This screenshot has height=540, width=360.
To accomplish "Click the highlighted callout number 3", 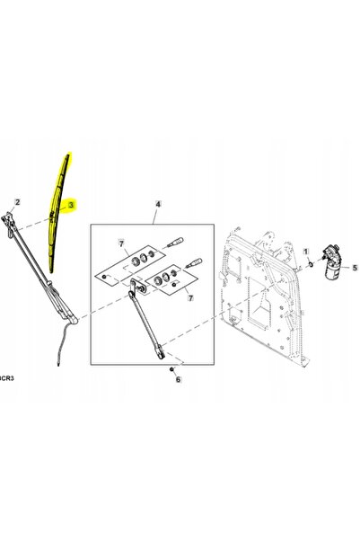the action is click(71, 205).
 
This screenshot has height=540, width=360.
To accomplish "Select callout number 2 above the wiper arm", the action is click(17, 202).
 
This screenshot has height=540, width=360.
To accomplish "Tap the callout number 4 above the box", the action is click(158, 204).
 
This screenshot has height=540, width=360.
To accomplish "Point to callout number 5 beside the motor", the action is click(355, 268).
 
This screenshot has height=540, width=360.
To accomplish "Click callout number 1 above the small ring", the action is click(306, 252).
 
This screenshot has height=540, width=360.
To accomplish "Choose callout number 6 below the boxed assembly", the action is click(178, 379).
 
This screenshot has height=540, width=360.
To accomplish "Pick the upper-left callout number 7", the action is click(121, 243).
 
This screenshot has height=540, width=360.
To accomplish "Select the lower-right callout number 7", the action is click(190, 297).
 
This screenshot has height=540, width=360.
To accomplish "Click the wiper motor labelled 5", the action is click(332, 261).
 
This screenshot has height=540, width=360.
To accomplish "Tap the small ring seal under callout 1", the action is click(311, 264).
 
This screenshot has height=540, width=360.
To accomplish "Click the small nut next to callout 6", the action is click(171, 369).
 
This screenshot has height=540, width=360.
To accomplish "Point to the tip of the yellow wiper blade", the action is click(68, 155).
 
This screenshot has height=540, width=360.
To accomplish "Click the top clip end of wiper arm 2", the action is click(7, 217).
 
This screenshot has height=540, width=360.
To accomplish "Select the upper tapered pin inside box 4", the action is click(175, 242).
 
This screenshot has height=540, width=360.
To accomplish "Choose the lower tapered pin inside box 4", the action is click(194, 262).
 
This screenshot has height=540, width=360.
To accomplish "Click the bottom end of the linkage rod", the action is click(161, 355).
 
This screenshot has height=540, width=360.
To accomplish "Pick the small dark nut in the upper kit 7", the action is click(105, 276).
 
